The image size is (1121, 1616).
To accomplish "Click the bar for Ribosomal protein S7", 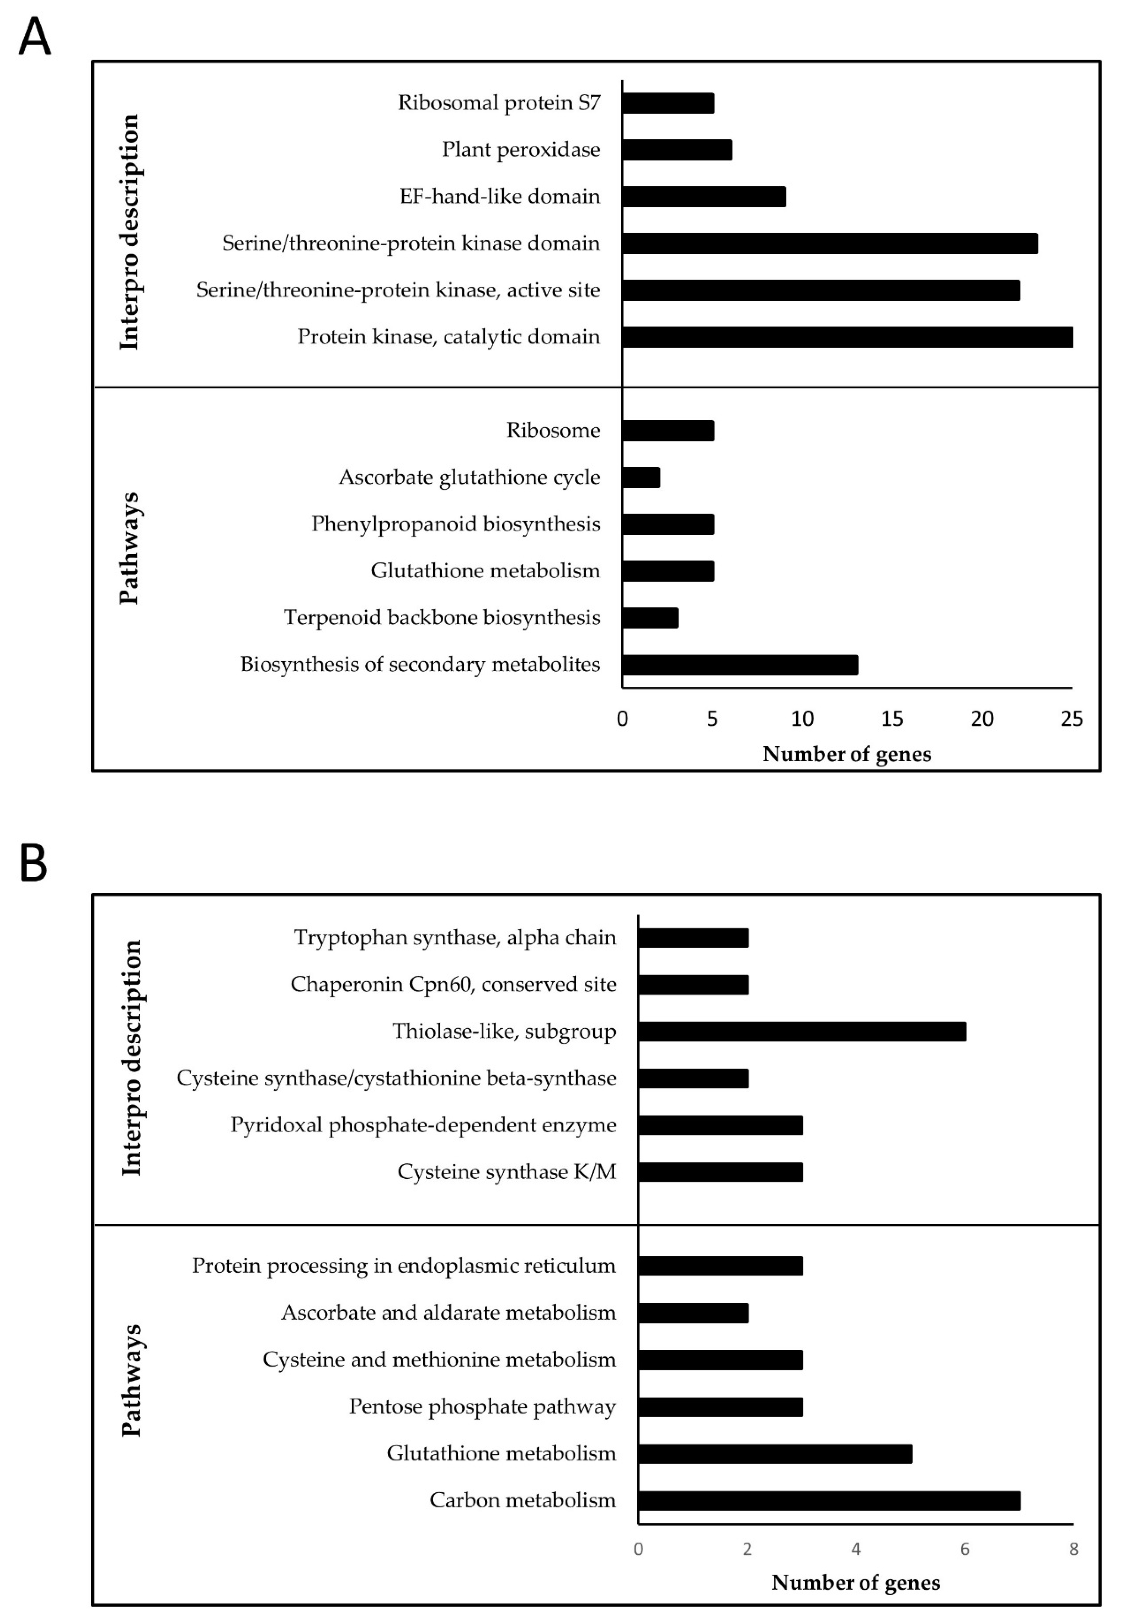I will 668,103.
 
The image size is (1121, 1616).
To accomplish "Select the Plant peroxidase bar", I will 677,150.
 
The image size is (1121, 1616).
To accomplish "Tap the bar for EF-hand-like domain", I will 704,197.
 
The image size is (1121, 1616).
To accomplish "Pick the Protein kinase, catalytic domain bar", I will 847,337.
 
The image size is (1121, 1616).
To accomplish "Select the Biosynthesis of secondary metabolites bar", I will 739,665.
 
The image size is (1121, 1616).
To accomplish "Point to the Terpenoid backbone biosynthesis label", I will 442,618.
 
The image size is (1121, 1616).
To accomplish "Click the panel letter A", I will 34,37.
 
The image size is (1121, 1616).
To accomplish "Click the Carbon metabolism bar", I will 829,1501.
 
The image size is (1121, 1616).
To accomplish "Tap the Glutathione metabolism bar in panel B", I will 775,1454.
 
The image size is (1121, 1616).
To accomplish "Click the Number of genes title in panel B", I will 855,1582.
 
